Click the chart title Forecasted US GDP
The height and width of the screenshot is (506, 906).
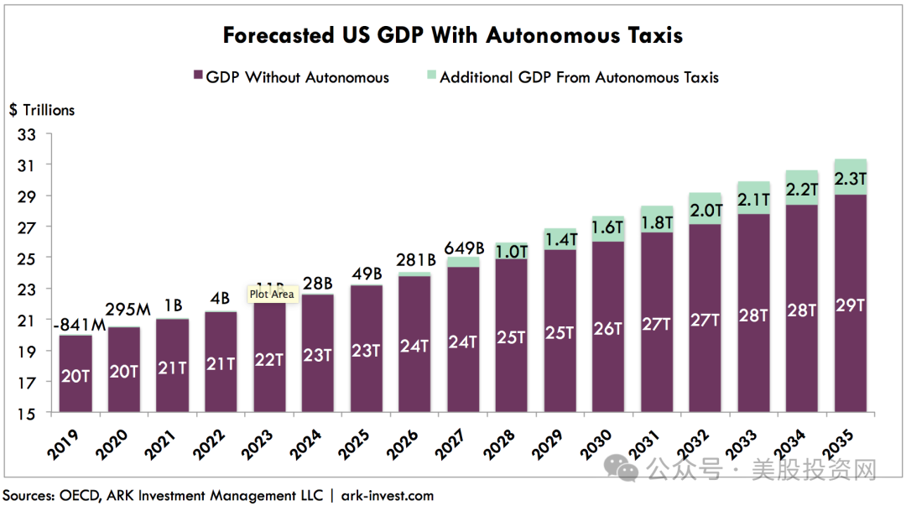click(452, 35)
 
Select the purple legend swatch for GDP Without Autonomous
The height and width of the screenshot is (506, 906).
click(198, 76)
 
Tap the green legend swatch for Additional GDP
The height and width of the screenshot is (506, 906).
click(431, 76)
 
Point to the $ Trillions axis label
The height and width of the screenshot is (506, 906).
click(42, 110)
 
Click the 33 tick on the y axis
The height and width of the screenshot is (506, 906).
click(28, 133)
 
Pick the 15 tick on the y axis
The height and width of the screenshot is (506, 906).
click(28, 414)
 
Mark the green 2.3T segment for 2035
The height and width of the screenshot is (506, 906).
click(850, 178)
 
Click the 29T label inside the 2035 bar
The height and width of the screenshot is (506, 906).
click(850, 305)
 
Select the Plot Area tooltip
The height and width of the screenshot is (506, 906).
click(271, 295)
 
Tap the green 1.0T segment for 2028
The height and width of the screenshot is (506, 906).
click(511, 251)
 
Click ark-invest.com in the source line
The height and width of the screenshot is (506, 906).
click(387, 495)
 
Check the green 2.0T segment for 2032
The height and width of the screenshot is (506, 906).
click(705, 209)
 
